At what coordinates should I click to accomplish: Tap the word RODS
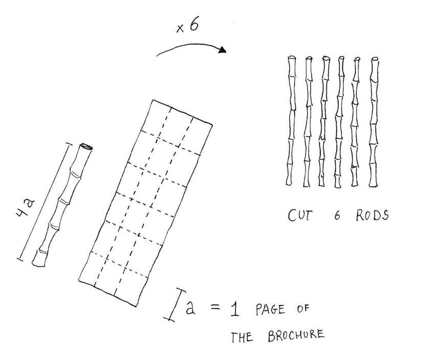coord(372,215)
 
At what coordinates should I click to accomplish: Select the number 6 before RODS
coord(337,216)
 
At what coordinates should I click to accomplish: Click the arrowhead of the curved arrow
coord(223,50)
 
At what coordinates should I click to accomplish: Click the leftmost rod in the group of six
coord(292,121)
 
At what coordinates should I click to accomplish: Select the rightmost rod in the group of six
coord(374,122)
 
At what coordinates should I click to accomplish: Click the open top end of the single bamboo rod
coord(85,147)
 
